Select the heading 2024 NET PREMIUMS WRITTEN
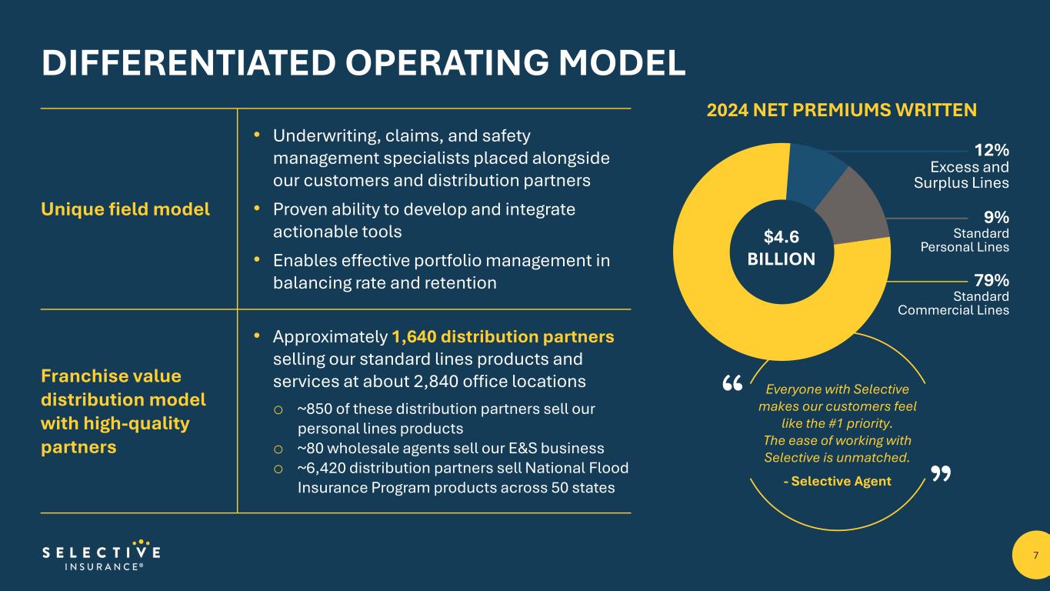coord(842,111)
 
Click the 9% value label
coord(997,217)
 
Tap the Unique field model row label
coord(125,209)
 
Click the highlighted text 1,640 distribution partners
coord(503,337)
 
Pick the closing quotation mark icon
coord(940,474)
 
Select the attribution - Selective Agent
coord(837,481)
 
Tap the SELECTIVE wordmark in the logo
coord(102,552)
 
